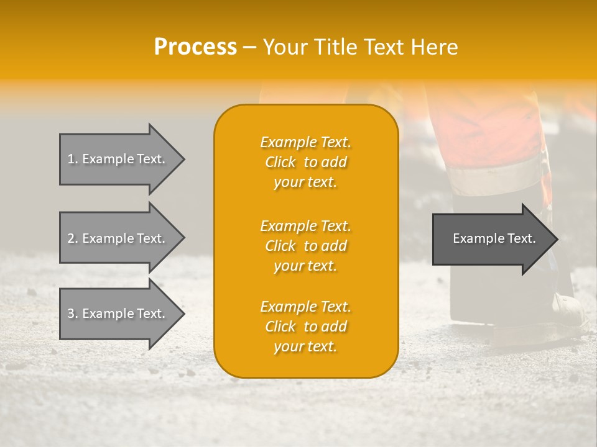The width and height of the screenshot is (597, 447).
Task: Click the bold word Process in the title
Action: point(195,47)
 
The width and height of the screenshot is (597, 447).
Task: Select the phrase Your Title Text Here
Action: point(361,47)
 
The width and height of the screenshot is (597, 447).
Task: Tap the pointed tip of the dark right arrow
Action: point(557,238)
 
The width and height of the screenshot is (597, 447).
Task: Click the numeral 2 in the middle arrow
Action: point(70,238)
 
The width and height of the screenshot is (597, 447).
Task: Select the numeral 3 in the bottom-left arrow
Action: point(70,314)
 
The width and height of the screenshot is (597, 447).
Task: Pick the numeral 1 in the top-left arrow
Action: point(70,159)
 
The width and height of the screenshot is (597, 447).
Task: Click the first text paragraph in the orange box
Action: point(305,162)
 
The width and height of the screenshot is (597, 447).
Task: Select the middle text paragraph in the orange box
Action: point(305,245)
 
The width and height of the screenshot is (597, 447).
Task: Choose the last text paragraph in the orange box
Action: point(305,327)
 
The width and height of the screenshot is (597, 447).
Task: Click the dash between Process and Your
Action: point(250,47)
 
